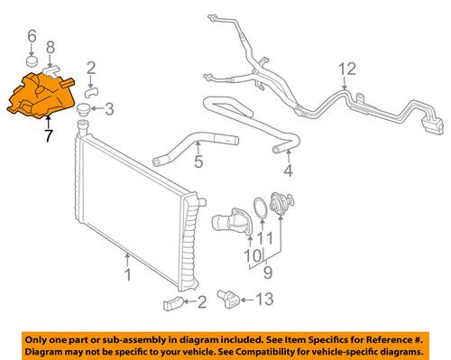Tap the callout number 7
pyautogui.click(x=48, y=135)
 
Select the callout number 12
pyautogui.click(x=347, y=69)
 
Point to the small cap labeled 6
pyautogui.click(x=32, y=60)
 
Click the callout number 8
pyautogui.click(x=51, y=48)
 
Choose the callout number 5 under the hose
pyautogui.click(x=198, y=162)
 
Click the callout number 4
pyautogui.click(x=288, y=171)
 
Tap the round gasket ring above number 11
pyautogui.click(x=261, y=208)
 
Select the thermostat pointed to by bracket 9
pyautogui.click(x=281, y=204)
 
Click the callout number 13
pyautogui.click(x=264, y=300)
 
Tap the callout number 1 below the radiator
pyautogui.click(x=128, y=275)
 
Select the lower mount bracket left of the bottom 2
pyautogui.click(x=173, y=303)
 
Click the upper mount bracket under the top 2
pyautogui.click(x=91, y=93)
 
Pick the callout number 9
pyautogui.click(x=268, y=272)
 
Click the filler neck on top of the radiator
pyautogui.click(x=82, y=127)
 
